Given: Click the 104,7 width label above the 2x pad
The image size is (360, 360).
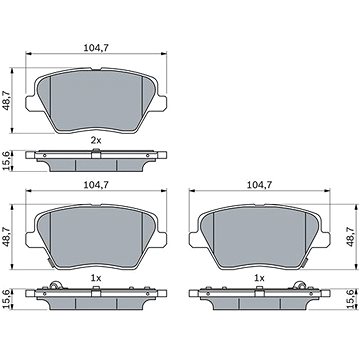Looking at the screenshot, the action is tap(96, 48).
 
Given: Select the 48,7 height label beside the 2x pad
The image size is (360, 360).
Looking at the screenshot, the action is tap(6, 101).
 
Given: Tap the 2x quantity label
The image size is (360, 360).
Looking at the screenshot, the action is tap(96, 140).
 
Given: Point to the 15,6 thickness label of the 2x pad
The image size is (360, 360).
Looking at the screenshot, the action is tap(6, 161).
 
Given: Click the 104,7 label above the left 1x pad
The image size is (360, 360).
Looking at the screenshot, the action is tap(96, 185).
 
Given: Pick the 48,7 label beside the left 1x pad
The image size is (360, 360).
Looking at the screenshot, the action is tap(6, 237).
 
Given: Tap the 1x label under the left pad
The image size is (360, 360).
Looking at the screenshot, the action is tap(96, 278).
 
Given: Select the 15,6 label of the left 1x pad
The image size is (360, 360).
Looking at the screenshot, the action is tap(6, 299).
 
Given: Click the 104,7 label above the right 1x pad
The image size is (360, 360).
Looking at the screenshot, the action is tap(259, 185).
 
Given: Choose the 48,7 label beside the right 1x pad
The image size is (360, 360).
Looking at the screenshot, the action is tap(350, 237).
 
